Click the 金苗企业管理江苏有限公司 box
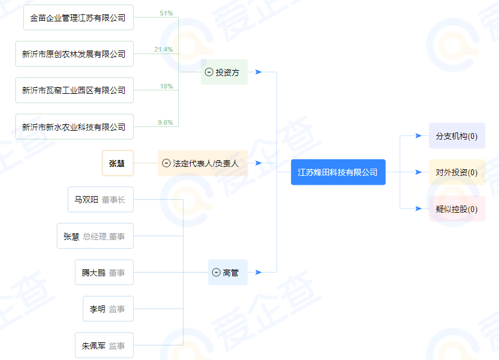click(x=78, y=17)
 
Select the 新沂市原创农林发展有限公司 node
click(x=74, y=54)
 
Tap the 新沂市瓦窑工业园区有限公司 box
click(x=74, y=90)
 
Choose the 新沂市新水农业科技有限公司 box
click(x=74, y=127)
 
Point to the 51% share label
click(x=166, y=13)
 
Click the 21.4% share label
click(x=163, y=49)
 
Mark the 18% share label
click(x=166, y=86)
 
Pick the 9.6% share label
click(x=165, y=122)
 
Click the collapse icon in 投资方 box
click(x=209, y=72)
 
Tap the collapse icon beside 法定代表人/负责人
click(x=166, y=163)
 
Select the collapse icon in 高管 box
click(x=216, y=273)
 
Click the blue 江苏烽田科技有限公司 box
click(x=338, y=172)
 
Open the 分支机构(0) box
click(x=457, y=136)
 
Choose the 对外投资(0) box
click(x=457, y=172)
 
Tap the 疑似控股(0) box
click(x=457, y=209)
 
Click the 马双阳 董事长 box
click(x=100, y=200)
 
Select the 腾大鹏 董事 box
click(x=104, y=273)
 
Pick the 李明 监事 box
click(x=108, y=309)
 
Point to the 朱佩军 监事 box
click(x=104, y=345)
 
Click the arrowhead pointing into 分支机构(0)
click(x=418, y=136)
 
